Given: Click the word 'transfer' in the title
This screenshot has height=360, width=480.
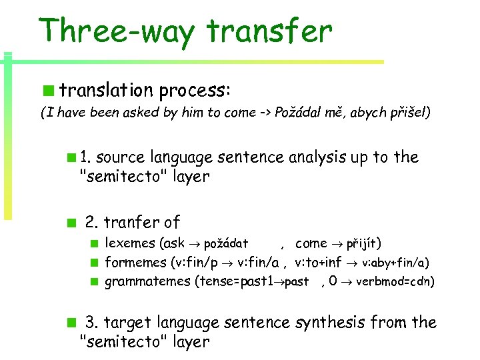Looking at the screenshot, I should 269,31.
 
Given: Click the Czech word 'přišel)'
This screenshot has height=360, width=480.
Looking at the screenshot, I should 409,113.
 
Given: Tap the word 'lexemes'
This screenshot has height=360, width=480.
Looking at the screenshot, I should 129,244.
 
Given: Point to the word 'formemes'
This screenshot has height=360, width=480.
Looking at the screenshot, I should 135,263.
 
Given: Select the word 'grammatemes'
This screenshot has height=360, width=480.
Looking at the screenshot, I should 147,281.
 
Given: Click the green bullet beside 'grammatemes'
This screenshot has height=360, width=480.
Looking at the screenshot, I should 96,281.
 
